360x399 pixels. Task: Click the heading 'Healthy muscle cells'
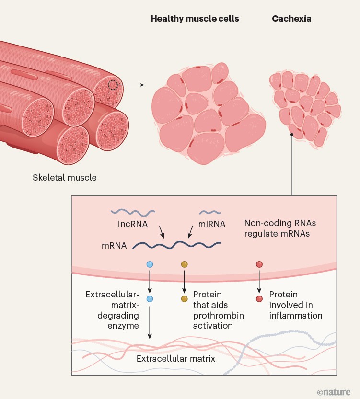(x=195, y=19)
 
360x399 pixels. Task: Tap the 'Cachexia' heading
(x=291, y=19)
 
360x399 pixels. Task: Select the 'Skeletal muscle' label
(x=65, y=178)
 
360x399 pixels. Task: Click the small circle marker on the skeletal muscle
(x=112, y=85)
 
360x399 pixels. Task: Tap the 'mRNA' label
(x=114, y=246)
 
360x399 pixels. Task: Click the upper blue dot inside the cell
(x=150, y=264)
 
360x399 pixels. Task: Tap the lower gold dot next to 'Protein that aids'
(x=184, y=299)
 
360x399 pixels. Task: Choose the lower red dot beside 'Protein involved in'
(x=259, y=299)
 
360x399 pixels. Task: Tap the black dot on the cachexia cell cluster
(x=291, y=135)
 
